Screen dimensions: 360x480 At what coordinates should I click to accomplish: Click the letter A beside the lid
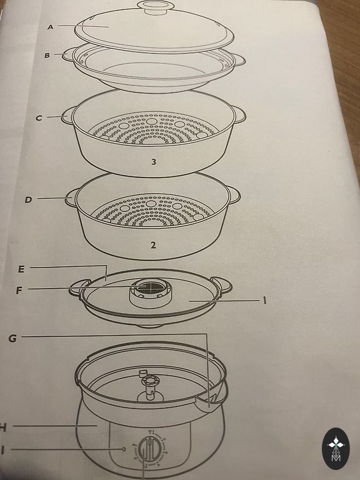(x=51, y=27)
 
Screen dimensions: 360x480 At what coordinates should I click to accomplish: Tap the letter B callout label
(x=47, y=56)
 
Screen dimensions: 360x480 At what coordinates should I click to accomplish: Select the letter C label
(x=39, y=117)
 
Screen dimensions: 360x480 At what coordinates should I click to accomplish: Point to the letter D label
(x=28, y=200)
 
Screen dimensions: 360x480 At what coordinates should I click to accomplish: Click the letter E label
(x=21, y=269)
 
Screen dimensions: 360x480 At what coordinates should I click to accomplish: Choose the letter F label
(x=19, y=290)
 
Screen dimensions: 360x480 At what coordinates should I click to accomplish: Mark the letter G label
(x=12, y=338)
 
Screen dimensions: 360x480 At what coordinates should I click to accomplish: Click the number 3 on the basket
(x=154, y=162)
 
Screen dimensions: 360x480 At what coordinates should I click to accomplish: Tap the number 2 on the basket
(x=153, y=245)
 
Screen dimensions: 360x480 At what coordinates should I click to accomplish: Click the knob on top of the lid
(x=156, y=6)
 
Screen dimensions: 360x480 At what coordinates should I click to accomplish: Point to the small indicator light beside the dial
(x=123, y=449)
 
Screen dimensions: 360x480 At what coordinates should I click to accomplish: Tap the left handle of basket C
(x=67, y=116)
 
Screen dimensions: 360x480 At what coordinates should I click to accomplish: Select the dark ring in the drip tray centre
(x=144, y=287)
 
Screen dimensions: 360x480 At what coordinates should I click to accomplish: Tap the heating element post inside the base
(x=149, y=387)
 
